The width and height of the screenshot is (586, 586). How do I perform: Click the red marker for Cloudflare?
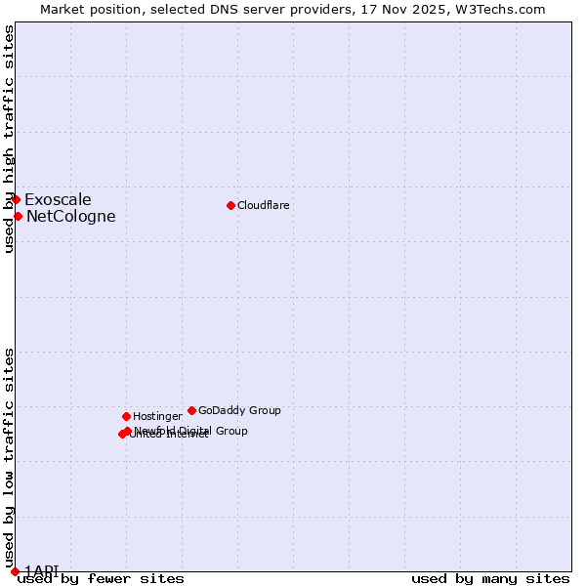click(x=230, y=205)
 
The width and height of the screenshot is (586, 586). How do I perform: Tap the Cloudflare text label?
click(x=264, y=205)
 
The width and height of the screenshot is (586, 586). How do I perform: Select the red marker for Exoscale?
click(x=16, y=199)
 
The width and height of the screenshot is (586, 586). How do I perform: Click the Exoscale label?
click(x=58, y=200)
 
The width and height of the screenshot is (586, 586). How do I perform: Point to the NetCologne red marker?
click(x=18, y=216)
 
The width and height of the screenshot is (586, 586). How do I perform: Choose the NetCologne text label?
click(x=70, y=217)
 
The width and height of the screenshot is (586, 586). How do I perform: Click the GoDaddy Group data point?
click(x=191, y=410)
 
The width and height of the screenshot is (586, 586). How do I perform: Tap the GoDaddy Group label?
click(x=239, y=410)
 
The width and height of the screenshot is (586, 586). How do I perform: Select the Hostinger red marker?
click(x=126, y=416)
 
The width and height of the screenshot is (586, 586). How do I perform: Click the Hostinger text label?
click(x=157, y=416)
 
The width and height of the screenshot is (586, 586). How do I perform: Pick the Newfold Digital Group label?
click(x=191, y=431)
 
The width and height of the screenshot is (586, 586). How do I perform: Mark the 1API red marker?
click(x=15, y=571)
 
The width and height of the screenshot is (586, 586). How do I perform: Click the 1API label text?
click(x=42, y=570)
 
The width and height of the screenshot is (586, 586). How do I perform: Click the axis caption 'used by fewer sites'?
click(x=101, y=579)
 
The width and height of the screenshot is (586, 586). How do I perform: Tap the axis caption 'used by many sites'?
click(x=490, y=579)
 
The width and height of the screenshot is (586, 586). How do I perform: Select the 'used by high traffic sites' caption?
click(x=9, y=139)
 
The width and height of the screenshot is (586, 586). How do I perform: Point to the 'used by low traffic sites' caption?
click(x=9, y=457)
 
